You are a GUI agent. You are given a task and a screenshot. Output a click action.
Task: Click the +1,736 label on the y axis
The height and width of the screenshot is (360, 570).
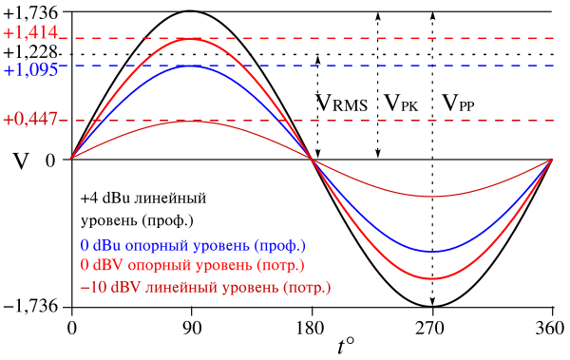point(30,12)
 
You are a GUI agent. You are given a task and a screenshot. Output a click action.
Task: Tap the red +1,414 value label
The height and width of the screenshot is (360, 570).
point(30,32)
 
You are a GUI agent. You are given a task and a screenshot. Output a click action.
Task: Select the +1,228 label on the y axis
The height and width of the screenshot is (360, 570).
point(30,52)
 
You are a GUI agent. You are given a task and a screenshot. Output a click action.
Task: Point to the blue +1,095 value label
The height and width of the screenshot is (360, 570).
point(30,69)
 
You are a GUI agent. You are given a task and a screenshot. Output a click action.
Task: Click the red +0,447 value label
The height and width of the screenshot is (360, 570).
point(30,119)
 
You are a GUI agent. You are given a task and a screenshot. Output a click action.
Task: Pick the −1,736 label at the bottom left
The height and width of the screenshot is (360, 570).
point(30,306)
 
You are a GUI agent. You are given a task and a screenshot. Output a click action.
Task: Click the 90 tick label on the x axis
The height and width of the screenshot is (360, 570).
point(191,329)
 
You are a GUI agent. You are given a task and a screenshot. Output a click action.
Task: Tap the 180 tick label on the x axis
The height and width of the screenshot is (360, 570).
point(312,329)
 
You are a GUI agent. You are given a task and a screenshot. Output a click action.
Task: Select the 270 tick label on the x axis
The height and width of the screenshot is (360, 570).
point(432,329)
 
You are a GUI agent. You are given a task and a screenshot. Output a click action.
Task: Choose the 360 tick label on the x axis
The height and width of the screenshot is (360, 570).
point(551,329)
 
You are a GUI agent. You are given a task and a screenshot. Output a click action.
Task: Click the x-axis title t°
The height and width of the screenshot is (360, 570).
point(346,346)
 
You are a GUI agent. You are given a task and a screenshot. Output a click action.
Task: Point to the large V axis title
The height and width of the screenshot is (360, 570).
point(21,161)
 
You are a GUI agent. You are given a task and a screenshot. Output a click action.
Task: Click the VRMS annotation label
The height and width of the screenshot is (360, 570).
point(341,103)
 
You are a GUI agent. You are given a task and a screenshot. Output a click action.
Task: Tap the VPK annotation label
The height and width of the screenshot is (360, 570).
point(401,103)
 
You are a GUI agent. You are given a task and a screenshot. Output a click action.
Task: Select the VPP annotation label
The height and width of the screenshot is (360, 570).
point(458,103)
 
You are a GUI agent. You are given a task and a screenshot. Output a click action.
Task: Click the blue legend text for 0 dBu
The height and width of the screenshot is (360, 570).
point(193,245)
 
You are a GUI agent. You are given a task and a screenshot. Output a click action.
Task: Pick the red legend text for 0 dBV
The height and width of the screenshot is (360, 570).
point(192,265)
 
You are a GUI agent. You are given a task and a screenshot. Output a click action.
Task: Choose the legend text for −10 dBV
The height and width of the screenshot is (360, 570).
point(206,287)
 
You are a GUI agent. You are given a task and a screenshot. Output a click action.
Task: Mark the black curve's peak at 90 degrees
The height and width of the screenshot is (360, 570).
point(191,11)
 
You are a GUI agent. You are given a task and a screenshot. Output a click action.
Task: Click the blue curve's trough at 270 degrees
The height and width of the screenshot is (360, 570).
point(432,252)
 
